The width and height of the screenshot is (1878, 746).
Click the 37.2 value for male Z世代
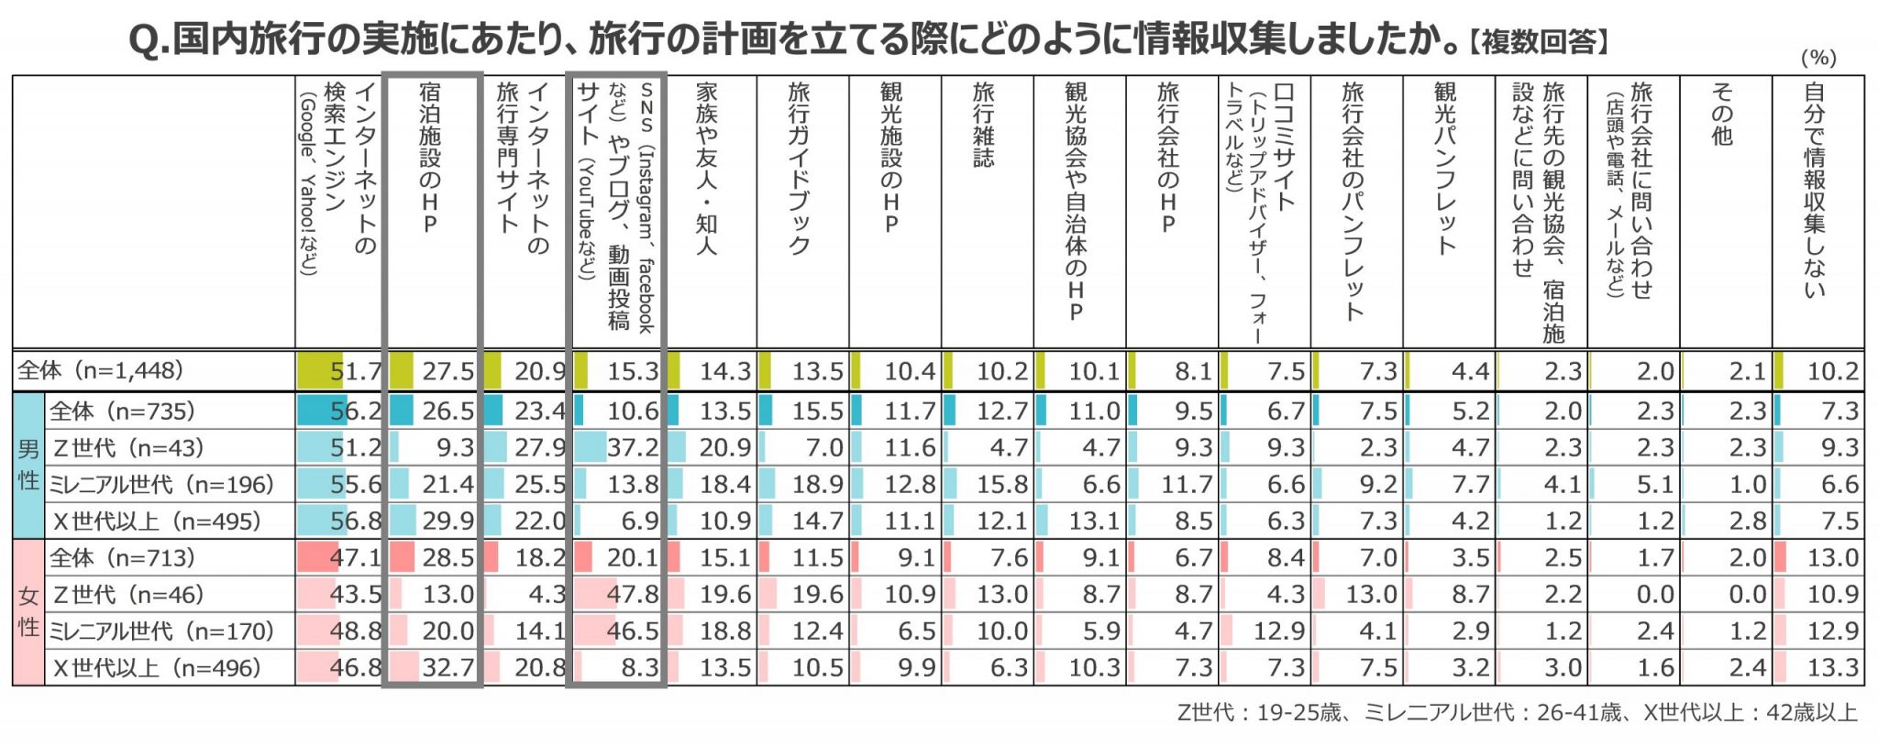point(632,448)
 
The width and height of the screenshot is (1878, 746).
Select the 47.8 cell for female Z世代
point(632,595)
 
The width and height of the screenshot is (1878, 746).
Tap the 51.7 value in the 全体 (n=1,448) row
point(355,371)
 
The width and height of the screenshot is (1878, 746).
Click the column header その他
point(1722,115)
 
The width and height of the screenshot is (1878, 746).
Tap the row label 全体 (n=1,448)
point(101,370)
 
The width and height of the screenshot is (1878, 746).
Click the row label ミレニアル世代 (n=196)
point(161,485)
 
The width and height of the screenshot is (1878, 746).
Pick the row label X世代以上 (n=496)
point(157,668)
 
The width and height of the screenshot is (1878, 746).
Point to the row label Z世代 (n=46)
point(128,595)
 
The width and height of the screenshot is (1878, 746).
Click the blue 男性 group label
point(28,466)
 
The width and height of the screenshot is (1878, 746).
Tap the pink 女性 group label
point(28,612)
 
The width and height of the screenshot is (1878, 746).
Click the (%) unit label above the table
point(1818,58)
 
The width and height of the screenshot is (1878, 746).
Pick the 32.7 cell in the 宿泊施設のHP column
point(447,668)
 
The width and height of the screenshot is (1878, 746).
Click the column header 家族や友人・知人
point(706,169)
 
